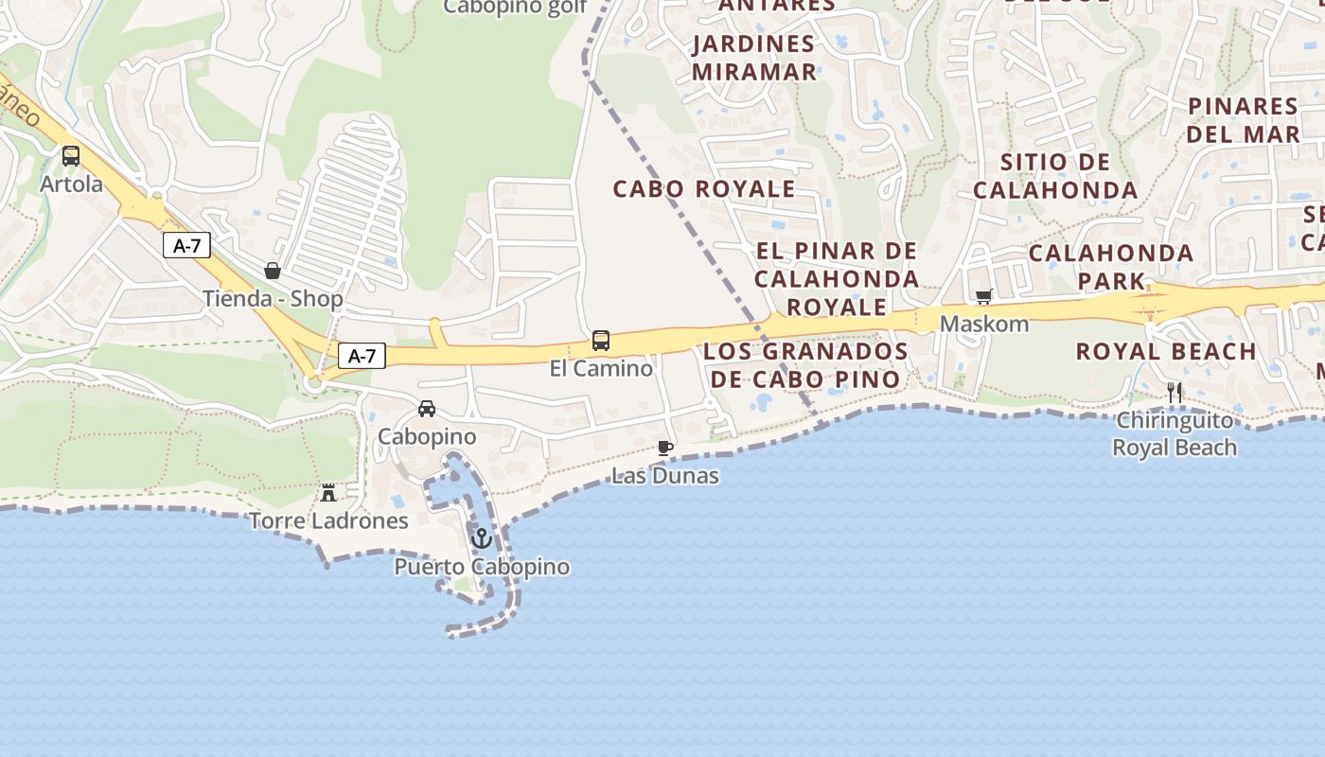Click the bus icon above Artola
(71, 156)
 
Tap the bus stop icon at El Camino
(600, 341)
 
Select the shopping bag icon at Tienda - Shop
(273, 272)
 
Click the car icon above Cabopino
(427, 409)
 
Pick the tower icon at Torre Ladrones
(328, 492)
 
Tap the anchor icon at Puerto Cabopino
(482, 538)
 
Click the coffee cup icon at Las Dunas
(665, 448)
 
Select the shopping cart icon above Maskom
(983, 297)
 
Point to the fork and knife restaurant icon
(1175, 393)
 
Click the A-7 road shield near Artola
(186, 246)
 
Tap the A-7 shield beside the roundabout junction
(362, 356)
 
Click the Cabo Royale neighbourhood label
(704, 188)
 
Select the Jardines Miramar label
(754, 58)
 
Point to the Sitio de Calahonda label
(1055, 176)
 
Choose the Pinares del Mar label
(1243, 119)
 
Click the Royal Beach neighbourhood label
(1166, 352)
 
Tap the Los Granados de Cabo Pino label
(806, 365)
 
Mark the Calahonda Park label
(1111, 267)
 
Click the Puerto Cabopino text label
(482, 567)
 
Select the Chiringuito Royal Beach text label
(1175, 433)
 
